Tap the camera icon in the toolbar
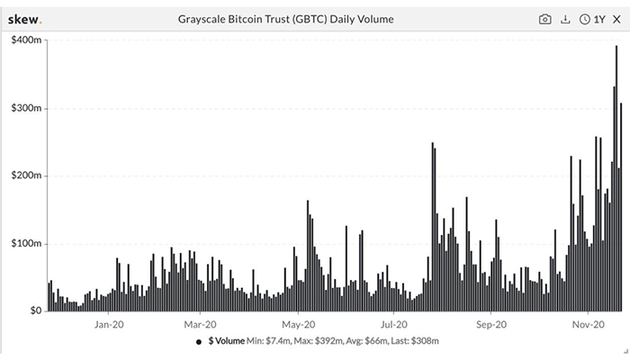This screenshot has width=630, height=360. pos(544,18)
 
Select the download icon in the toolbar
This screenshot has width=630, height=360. pos(565,18)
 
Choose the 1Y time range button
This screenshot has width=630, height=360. pos(591,18)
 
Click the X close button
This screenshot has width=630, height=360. pos(616,18)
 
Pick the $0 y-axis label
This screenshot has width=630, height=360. pos(31,310)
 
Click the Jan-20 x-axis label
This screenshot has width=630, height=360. pos(108,324)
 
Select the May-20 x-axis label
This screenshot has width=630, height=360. pos(296,324)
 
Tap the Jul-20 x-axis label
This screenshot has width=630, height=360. pos(394,324)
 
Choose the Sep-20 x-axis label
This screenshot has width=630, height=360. pos(491,324)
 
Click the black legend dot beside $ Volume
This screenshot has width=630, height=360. pos(198,342)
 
